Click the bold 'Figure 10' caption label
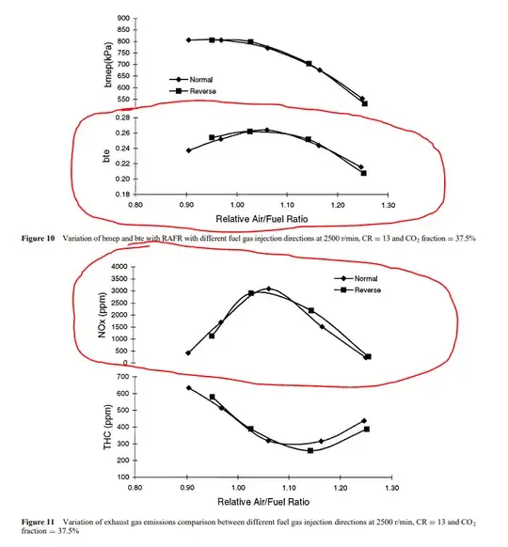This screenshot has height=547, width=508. point(40,240)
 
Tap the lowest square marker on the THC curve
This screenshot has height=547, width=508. point(310,451)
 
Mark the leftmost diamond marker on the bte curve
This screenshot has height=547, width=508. point(189,150)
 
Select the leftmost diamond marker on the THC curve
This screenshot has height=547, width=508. point(189,387)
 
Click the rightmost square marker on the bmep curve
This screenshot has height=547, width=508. point(365,103)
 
